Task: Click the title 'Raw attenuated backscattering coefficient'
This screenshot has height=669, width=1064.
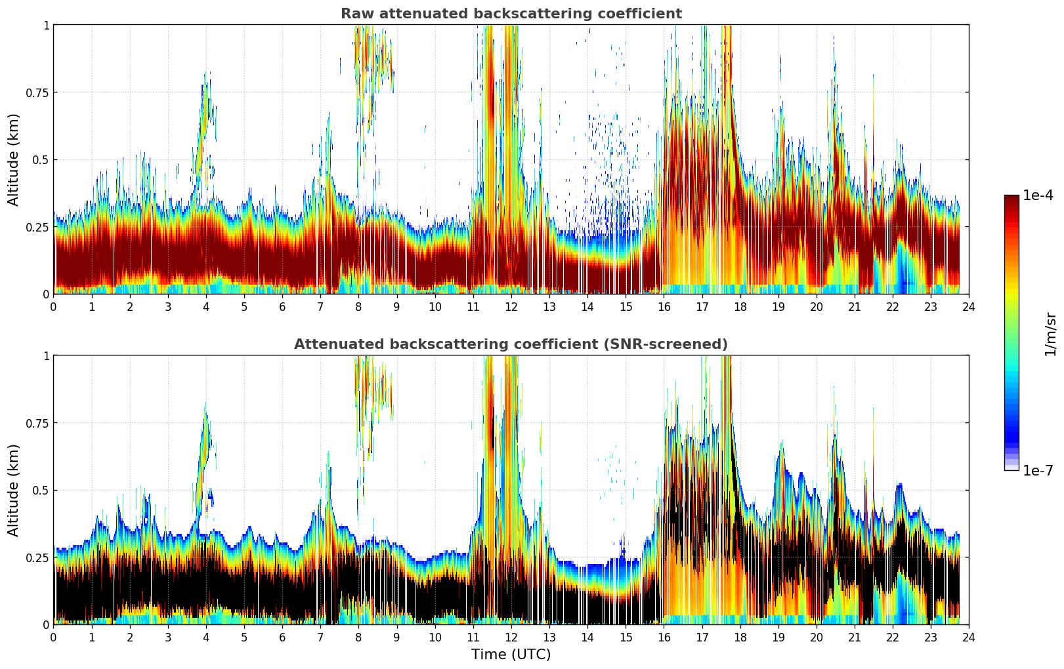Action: [x=511, y=14]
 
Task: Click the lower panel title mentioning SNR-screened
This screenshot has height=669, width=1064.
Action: [x=511, y=344]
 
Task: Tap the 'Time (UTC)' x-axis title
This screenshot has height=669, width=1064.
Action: [x=511, y=655]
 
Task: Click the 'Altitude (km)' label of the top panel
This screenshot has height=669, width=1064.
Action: [x=14, y=159]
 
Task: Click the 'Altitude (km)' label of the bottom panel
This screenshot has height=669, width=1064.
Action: [x=14, y=490]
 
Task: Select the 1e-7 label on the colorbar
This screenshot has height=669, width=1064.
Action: [x=1038, y=470]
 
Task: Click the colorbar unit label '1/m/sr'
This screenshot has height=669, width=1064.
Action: [x=1050, y=334]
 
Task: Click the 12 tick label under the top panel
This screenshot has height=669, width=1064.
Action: [x=511, y=306]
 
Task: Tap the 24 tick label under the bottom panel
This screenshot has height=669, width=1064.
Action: [x=968, y=637]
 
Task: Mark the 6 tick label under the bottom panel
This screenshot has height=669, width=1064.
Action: [x=282, y=637]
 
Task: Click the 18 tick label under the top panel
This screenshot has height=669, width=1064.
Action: [x=740, y=306]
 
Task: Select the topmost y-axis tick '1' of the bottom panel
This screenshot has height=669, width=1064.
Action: [x=46, y=355]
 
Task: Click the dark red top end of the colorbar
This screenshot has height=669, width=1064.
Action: [x=1011, y=198]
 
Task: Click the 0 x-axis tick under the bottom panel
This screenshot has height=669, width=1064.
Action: [x=53, y=637]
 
